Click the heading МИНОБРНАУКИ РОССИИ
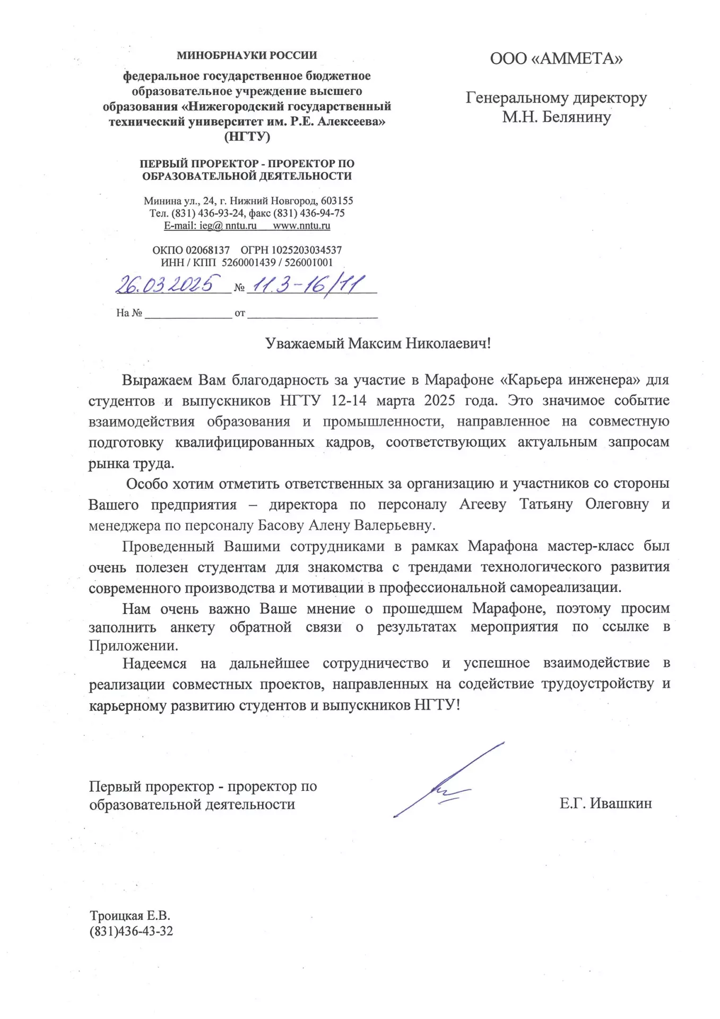[x=247, y=55]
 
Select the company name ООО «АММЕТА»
[x=556, y=58]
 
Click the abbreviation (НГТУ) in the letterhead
[x=247, y=136]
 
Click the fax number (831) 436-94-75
[x=310, y=213]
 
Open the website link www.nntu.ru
[x=301, y=226]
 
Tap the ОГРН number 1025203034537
[x=307, y=250]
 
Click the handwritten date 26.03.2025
[x=168, y=284]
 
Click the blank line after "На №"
[x=188, y=313]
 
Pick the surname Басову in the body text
[x=281, y=525]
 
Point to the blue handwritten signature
[x=449, y=780]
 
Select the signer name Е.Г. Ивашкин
[x=605, y=804]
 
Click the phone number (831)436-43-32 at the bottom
[x=131, y=931]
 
